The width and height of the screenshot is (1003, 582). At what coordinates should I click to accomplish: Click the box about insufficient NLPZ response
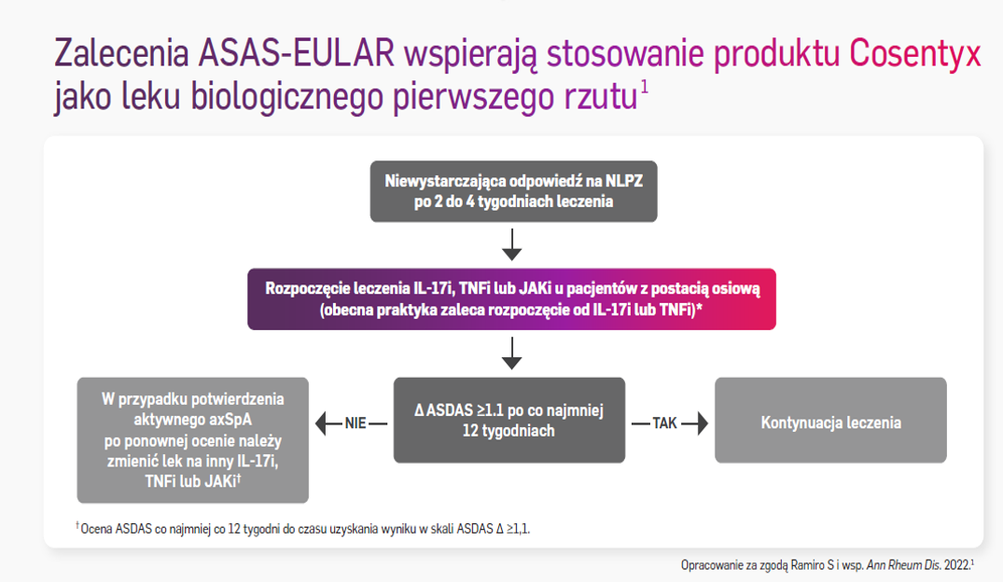pyautogui.click(x=513, y=191)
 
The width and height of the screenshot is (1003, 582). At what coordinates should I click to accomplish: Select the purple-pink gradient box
pyautogui.click(x=511, y=299)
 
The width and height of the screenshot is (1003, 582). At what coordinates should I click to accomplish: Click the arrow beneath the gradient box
pyautogui.click(x=511, y=353)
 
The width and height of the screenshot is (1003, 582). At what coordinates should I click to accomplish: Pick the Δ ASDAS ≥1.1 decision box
pyautogui.click(x=509, y=420)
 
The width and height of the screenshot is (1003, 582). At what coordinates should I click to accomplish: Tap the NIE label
pyautogui.click(x=355, y=423)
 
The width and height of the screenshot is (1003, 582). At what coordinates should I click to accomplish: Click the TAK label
pyautogui.click(x=664, y=423)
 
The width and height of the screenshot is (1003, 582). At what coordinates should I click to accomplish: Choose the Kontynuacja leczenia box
pyautogui.click(x=830, y=422)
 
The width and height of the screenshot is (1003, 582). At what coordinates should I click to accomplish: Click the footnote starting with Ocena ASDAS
pyautogui.click(x=308, y=529)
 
